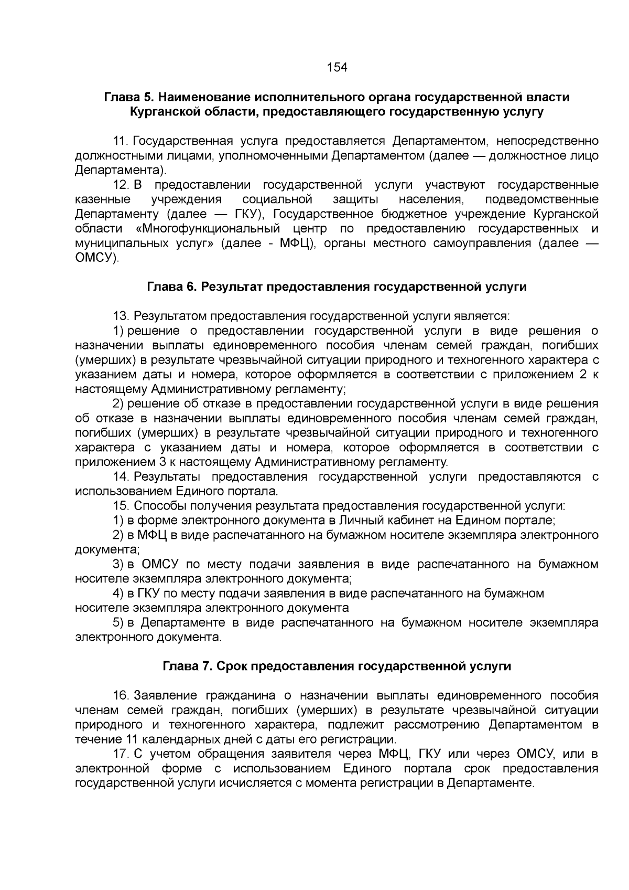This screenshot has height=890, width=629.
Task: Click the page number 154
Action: pyautogui.click(x=337, y=68)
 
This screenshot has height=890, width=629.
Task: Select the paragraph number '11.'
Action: pyautogui.click(x=121, y=141)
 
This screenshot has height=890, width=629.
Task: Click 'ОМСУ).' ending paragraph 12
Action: pyautogui.click(x=97, y=258)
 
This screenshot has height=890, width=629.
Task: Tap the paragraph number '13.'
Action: pyautogui.click(x=121, y=316)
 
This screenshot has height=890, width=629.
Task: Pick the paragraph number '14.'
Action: pyautogui.click(x=121, y=476)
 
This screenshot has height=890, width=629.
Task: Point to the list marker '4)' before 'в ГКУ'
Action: pyautogui.click(x=118, y=594)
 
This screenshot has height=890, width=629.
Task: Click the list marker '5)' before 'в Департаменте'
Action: pyautogui.click(x=118, y=623)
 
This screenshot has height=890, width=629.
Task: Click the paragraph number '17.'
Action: pyautogui.click(x=121, y=754)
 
